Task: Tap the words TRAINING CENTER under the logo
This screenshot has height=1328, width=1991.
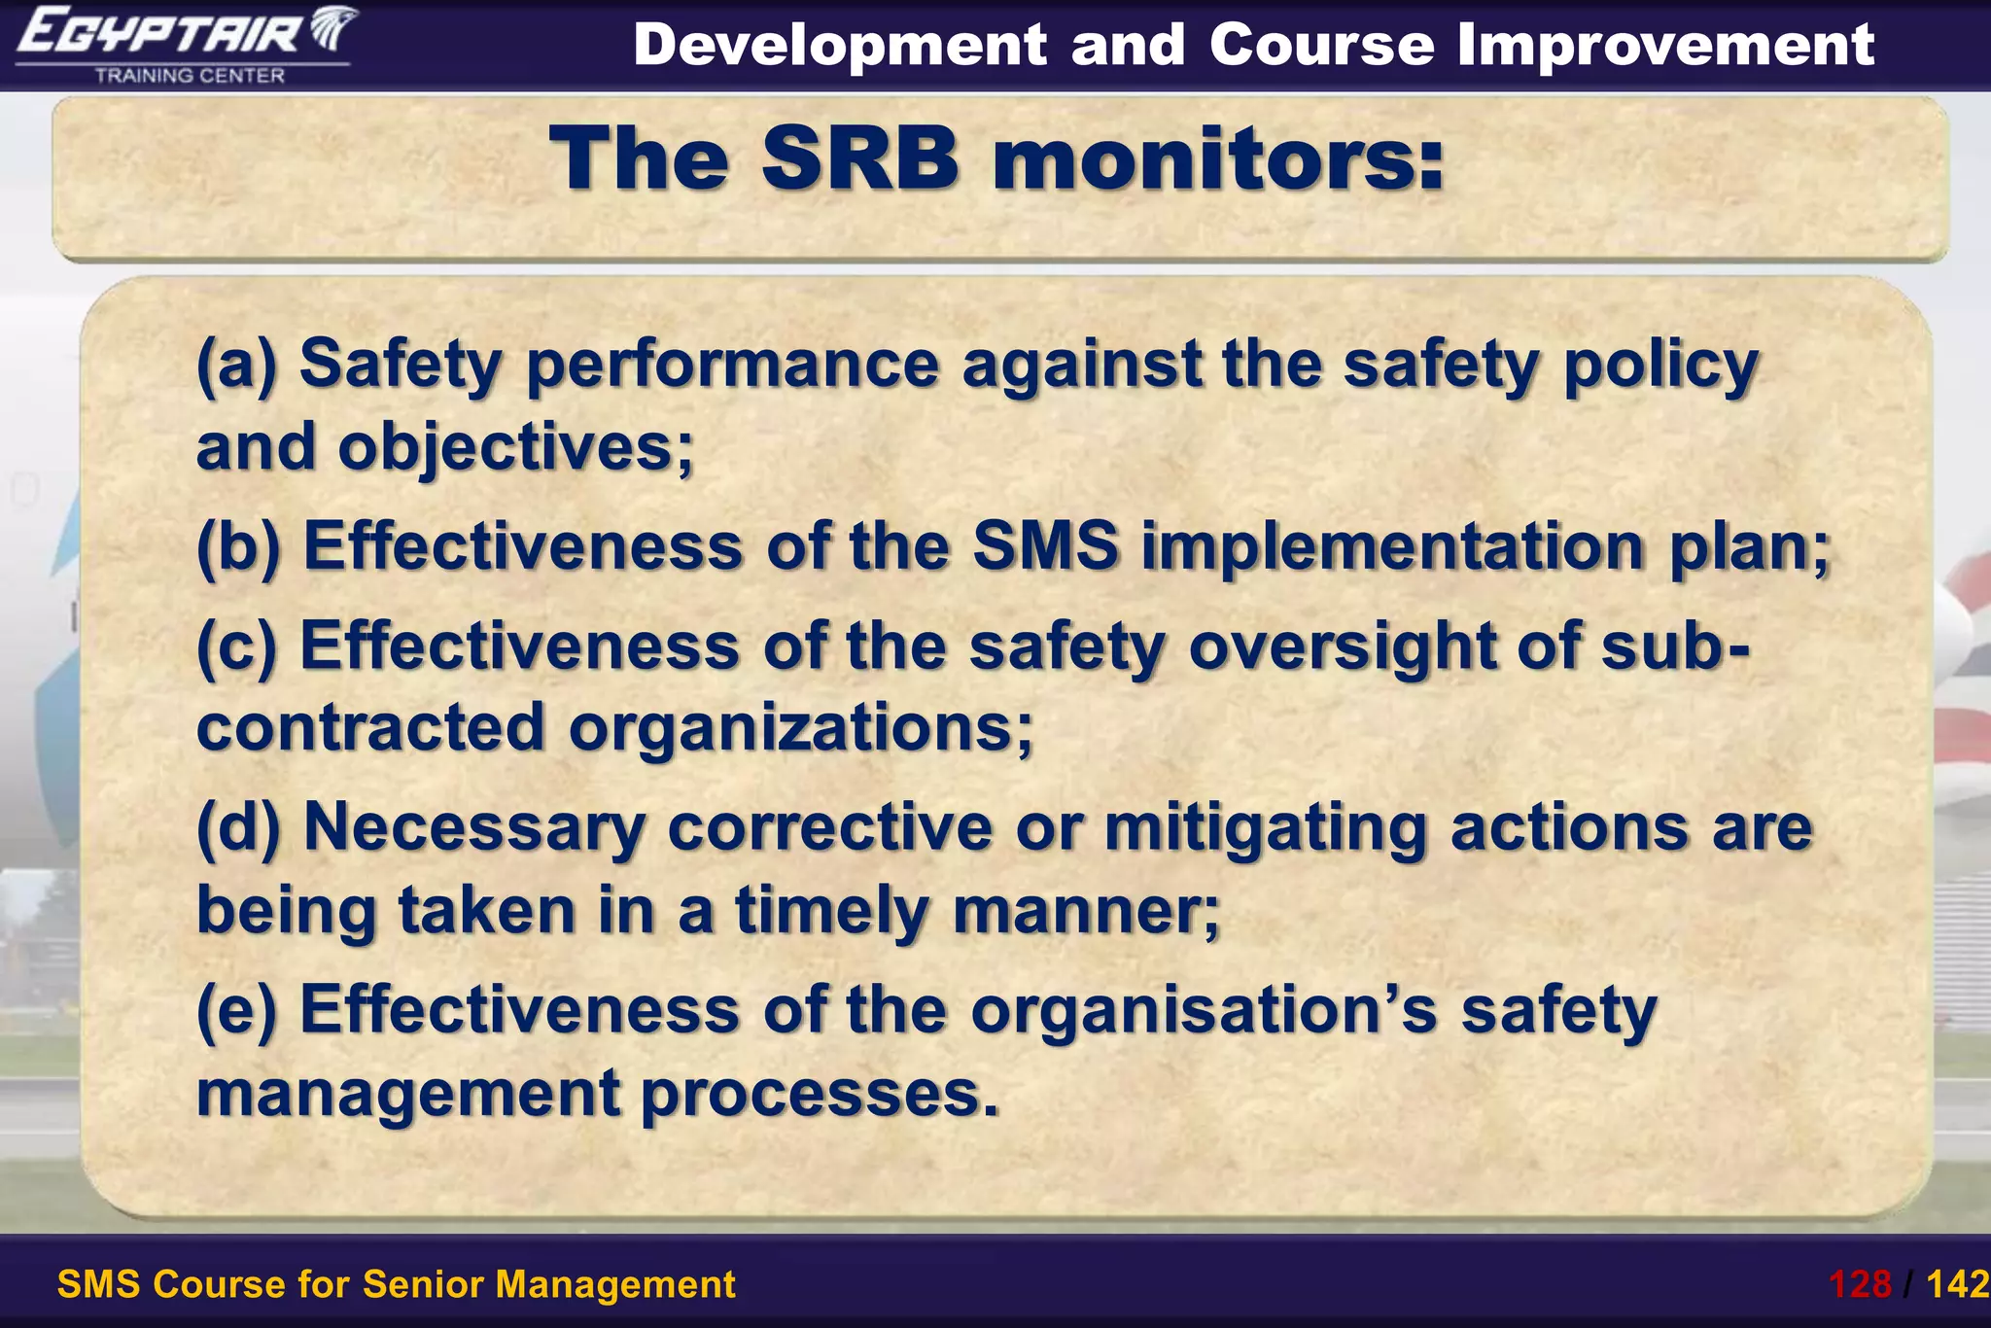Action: [x=190, y=76]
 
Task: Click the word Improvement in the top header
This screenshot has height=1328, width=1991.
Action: [x=1665, y=45]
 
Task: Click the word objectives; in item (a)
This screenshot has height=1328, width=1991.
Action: [x=516, y=449]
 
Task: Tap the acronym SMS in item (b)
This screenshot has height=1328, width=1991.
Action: [x=1045, y=546]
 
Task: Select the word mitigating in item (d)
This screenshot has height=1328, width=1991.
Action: [x=1265, y=827]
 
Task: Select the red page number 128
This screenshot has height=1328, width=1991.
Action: [x=1860, y=1284]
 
